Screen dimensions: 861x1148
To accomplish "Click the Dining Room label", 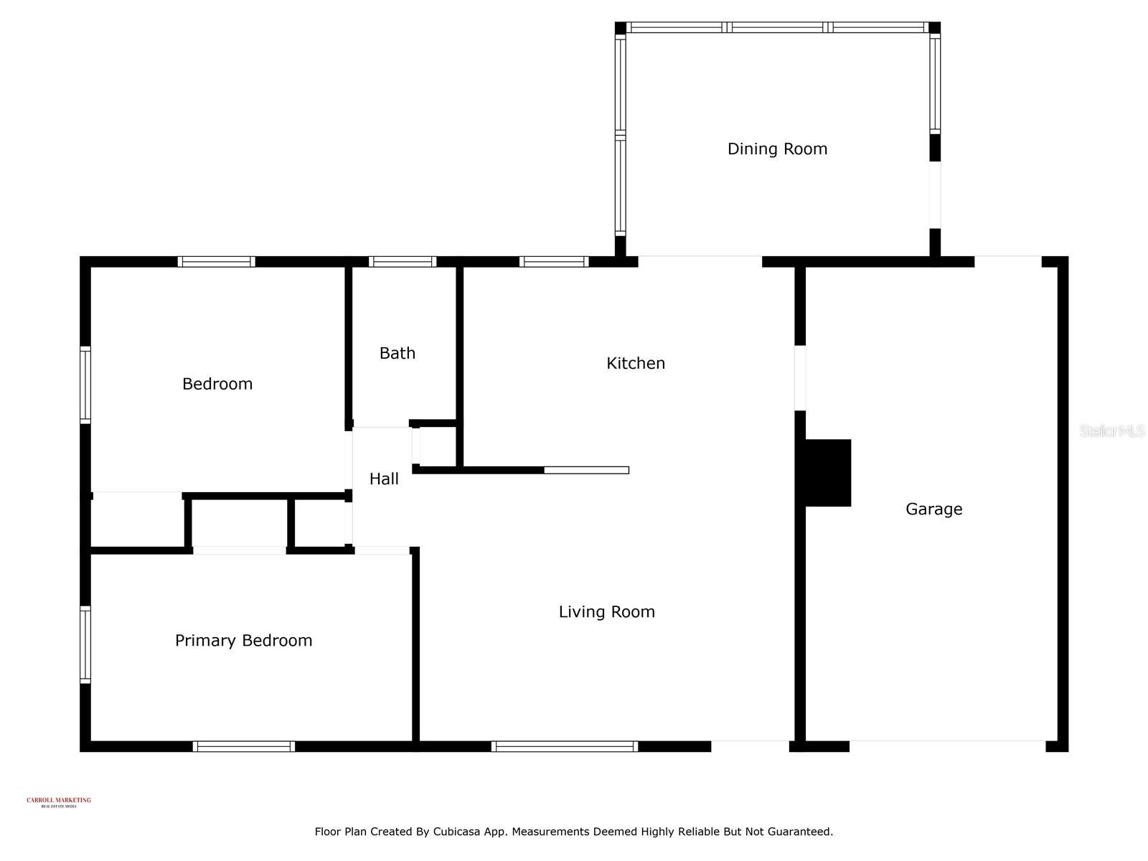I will (x=777, y=149).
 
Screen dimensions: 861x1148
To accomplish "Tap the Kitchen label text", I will (x=636, y=363).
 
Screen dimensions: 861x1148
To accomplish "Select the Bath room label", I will (x=397, y=353).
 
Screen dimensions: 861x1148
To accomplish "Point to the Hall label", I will (x=384, y=479).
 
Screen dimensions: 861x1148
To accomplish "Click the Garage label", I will (x=933, y=509).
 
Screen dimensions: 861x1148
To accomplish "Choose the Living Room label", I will (x=606, y=612).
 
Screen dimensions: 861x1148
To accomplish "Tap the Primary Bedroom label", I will (x=243, y=641).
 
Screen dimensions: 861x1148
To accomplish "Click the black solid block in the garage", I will (x=828, y=473).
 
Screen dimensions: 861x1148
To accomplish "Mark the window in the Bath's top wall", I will (x=403, y=262).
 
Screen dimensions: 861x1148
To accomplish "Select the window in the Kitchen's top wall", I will (x=554, y=262).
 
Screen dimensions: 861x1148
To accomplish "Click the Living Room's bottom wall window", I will (x=565, y=746).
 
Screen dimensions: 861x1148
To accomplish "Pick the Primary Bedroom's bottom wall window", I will (x=244, y=746).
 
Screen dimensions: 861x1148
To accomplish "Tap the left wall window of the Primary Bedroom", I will (x=85, y=644).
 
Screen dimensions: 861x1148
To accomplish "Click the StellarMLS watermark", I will (x=1111, y=430).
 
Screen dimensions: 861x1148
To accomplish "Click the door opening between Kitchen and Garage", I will (x=800, y=378).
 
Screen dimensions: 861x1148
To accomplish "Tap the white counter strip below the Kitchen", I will (x=586, y=470).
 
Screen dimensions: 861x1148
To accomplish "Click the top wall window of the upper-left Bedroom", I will (x=216, y=262).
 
